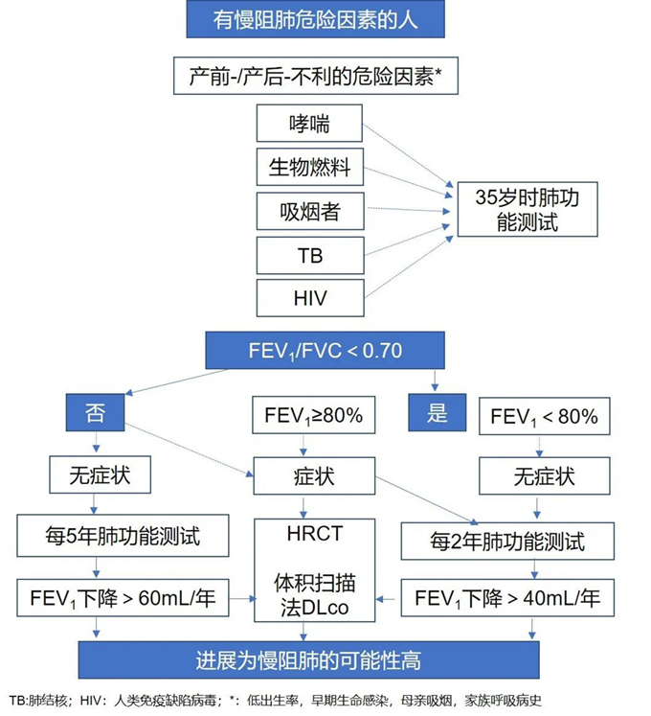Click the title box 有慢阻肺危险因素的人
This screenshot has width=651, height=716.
pyautogui.click(x=315, y=19)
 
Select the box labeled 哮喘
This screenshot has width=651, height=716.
pyautogui.click(x=309, y=124)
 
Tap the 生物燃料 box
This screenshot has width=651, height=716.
pyautogui.click(x=310, y=167)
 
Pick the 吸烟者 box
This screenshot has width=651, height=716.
pyautogui.click(x=310, y=211)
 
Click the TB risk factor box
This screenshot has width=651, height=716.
pyautogui.click(x=310, y=255)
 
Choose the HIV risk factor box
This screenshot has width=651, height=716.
pyautogui.click(x=310, y=298)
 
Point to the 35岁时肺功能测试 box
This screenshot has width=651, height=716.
pyautogui.click(x=528, y=210)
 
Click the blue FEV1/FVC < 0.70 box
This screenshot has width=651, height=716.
pyautogui.click(x=325, y=350)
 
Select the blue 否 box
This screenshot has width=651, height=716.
pyautogui.click(x=95, y=413)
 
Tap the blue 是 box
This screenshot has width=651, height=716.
pyautogui.click(x=438, y=413)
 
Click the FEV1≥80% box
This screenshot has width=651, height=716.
pyautogui.click(x=313, y=415)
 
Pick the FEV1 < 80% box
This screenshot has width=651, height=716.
pyautogui.click(x=544, y=416)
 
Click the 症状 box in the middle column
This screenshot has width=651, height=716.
pyautogui.click(x=314, y=476)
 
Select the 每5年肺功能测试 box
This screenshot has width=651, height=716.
pyautogui.click(x=123, y=536)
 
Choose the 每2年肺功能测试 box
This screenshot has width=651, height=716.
pyautogui.click(x=507, y=542)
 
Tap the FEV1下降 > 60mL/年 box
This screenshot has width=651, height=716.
pyautogui.click(x=123, y=598)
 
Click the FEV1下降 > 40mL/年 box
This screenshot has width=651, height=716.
pyautogui.click(x=507, y=598)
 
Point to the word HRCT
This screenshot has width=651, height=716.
pyautogui.click(x=315, y=533)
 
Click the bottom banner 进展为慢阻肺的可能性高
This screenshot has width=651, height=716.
pyautogui.click(x=309, y=660)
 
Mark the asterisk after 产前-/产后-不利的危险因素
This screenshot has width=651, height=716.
pyautogui.click(x=438, y=71)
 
